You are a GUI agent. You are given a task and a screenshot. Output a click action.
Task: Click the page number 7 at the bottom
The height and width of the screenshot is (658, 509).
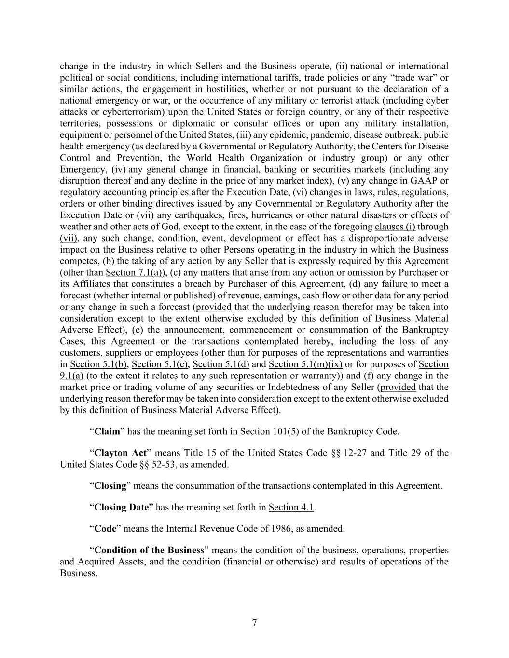point(254,623)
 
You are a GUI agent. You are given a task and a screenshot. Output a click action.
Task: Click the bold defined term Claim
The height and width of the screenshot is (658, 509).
point(107,431)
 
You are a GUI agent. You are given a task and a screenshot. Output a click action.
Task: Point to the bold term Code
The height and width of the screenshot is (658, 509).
point(105,529)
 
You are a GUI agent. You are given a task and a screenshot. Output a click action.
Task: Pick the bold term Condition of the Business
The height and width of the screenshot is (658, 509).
point(150,551)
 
